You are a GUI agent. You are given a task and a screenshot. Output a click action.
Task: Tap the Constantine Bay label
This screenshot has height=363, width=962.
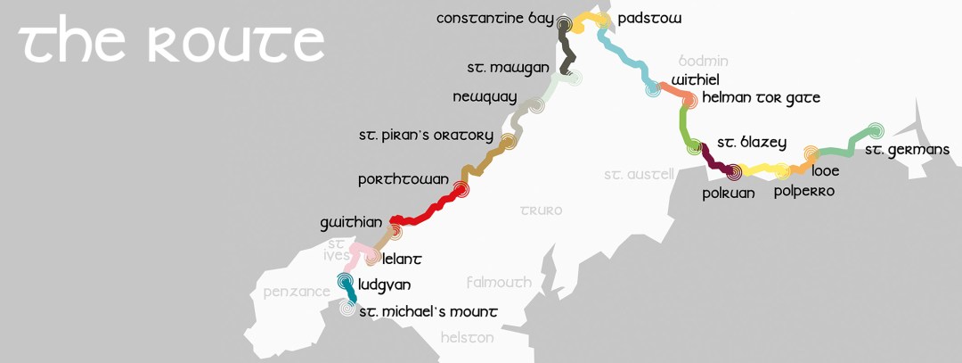tap(495, 19)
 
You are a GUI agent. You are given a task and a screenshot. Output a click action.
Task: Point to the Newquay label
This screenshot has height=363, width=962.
tap(484, 97)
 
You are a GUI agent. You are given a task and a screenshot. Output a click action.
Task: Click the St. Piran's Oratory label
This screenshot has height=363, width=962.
tap(426, 136)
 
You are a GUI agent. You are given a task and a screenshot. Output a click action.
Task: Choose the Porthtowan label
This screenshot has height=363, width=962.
tap(403, 179)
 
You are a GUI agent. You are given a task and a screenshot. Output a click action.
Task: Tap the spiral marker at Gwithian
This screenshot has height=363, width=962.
tap(393, 231)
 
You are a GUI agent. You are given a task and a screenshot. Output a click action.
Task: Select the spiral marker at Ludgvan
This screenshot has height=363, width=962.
tap(346, 282)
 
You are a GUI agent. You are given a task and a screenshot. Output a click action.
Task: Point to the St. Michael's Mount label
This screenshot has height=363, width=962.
tap(428, 311)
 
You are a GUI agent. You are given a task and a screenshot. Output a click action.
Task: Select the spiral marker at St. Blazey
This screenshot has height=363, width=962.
tap(695, 149)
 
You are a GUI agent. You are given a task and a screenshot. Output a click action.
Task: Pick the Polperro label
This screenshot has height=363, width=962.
tap(803, 191)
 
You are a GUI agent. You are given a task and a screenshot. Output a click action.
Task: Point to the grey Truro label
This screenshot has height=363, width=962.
tap(542, 211)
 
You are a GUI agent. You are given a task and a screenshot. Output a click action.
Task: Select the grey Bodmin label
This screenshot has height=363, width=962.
tap(704, 62)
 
